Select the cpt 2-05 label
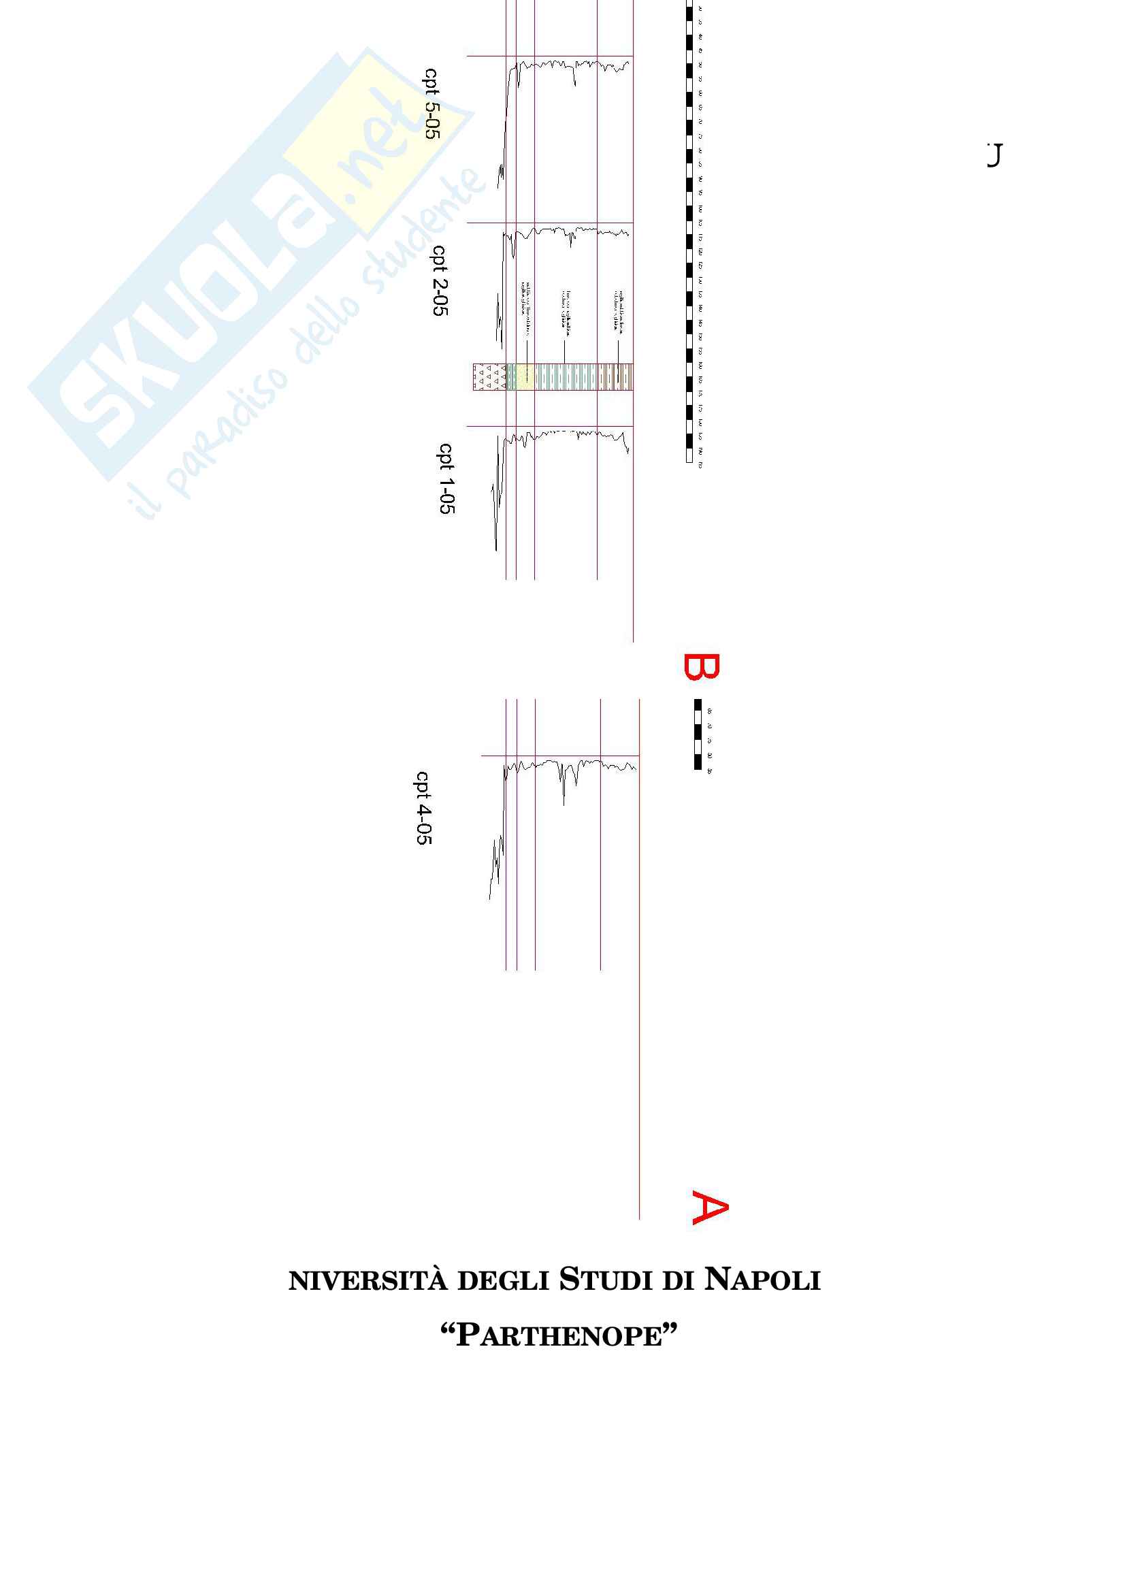[440, 280]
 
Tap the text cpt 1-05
[446, 478]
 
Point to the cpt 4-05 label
[423, 808]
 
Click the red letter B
[702, 667]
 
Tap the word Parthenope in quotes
[559, 1349]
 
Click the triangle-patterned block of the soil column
[489, 377]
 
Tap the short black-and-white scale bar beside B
[698, 734]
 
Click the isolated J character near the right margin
[995, 155]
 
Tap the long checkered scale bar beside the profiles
[689, 232]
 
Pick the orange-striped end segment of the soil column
[617, 377]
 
